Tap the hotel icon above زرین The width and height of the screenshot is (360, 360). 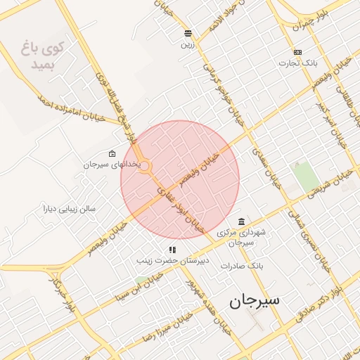click(188, 33)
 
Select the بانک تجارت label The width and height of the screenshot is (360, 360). click(297, 63)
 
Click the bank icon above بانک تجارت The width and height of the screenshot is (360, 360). click(297, 52)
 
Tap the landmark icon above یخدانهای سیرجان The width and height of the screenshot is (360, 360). click(112, 153)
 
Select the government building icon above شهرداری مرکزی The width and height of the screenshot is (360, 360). click(241, 221)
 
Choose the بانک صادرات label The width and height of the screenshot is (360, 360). click(241, 266)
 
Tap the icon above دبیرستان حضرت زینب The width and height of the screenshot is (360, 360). click(172, 250)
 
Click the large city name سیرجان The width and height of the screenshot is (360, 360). click(253, 300)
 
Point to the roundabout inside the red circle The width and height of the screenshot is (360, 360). click(146, 167)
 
